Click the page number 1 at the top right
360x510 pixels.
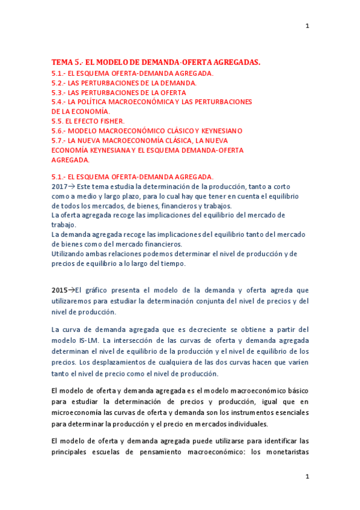click(x=307, y=26)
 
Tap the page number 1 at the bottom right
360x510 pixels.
click(x=307, y=476)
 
